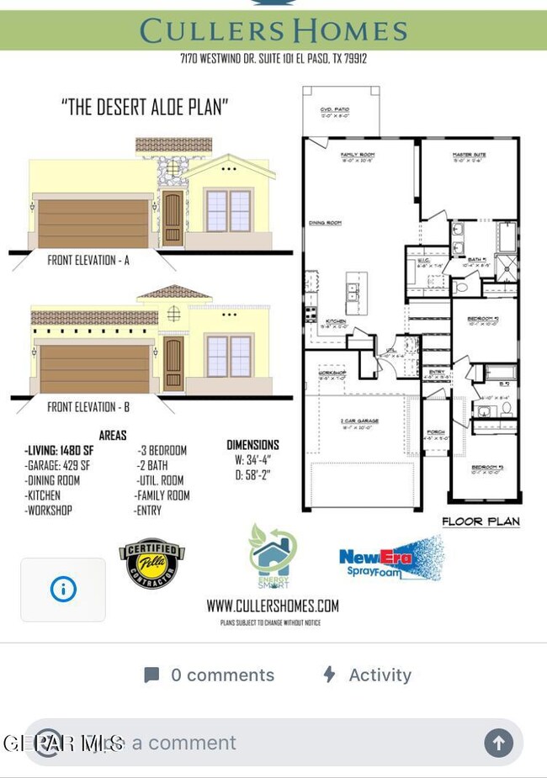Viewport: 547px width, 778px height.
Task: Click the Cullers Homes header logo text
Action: pyautogui.click(x=273, y=31)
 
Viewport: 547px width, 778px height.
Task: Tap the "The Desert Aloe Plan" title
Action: pyautogui.click(x=146, y=108)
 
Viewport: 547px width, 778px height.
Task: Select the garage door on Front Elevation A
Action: pyautogui.click(x=93, y=222)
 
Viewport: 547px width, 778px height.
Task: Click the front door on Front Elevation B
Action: pyautogui.click(x=173, y=363)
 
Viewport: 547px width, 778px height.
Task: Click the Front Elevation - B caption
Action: pyautogui.click(x=93, y=407)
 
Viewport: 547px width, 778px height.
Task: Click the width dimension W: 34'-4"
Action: pyautogui.click(x=252, y=460)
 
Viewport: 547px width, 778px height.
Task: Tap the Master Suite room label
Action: pyautogui.click(x=469, y=156)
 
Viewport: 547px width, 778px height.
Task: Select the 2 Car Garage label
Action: pyautogui.click(x=359, y=421)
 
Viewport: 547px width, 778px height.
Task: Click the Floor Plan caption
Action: pyautogui.click(x=481, y=521)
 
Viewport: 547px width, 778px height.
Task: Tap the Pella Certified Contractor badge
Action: pyautogui.click(x=152, y=563)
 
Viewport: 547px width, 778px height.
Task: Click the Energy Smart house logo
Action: pyautogui.click(x=272, y=556)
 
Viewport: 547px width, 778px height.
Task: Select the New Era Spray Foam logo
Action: pyautogui.click(x=390, y=558)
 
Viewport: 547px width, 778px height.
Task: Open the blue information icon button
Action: pyautogui.click(x=63, y=590)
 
